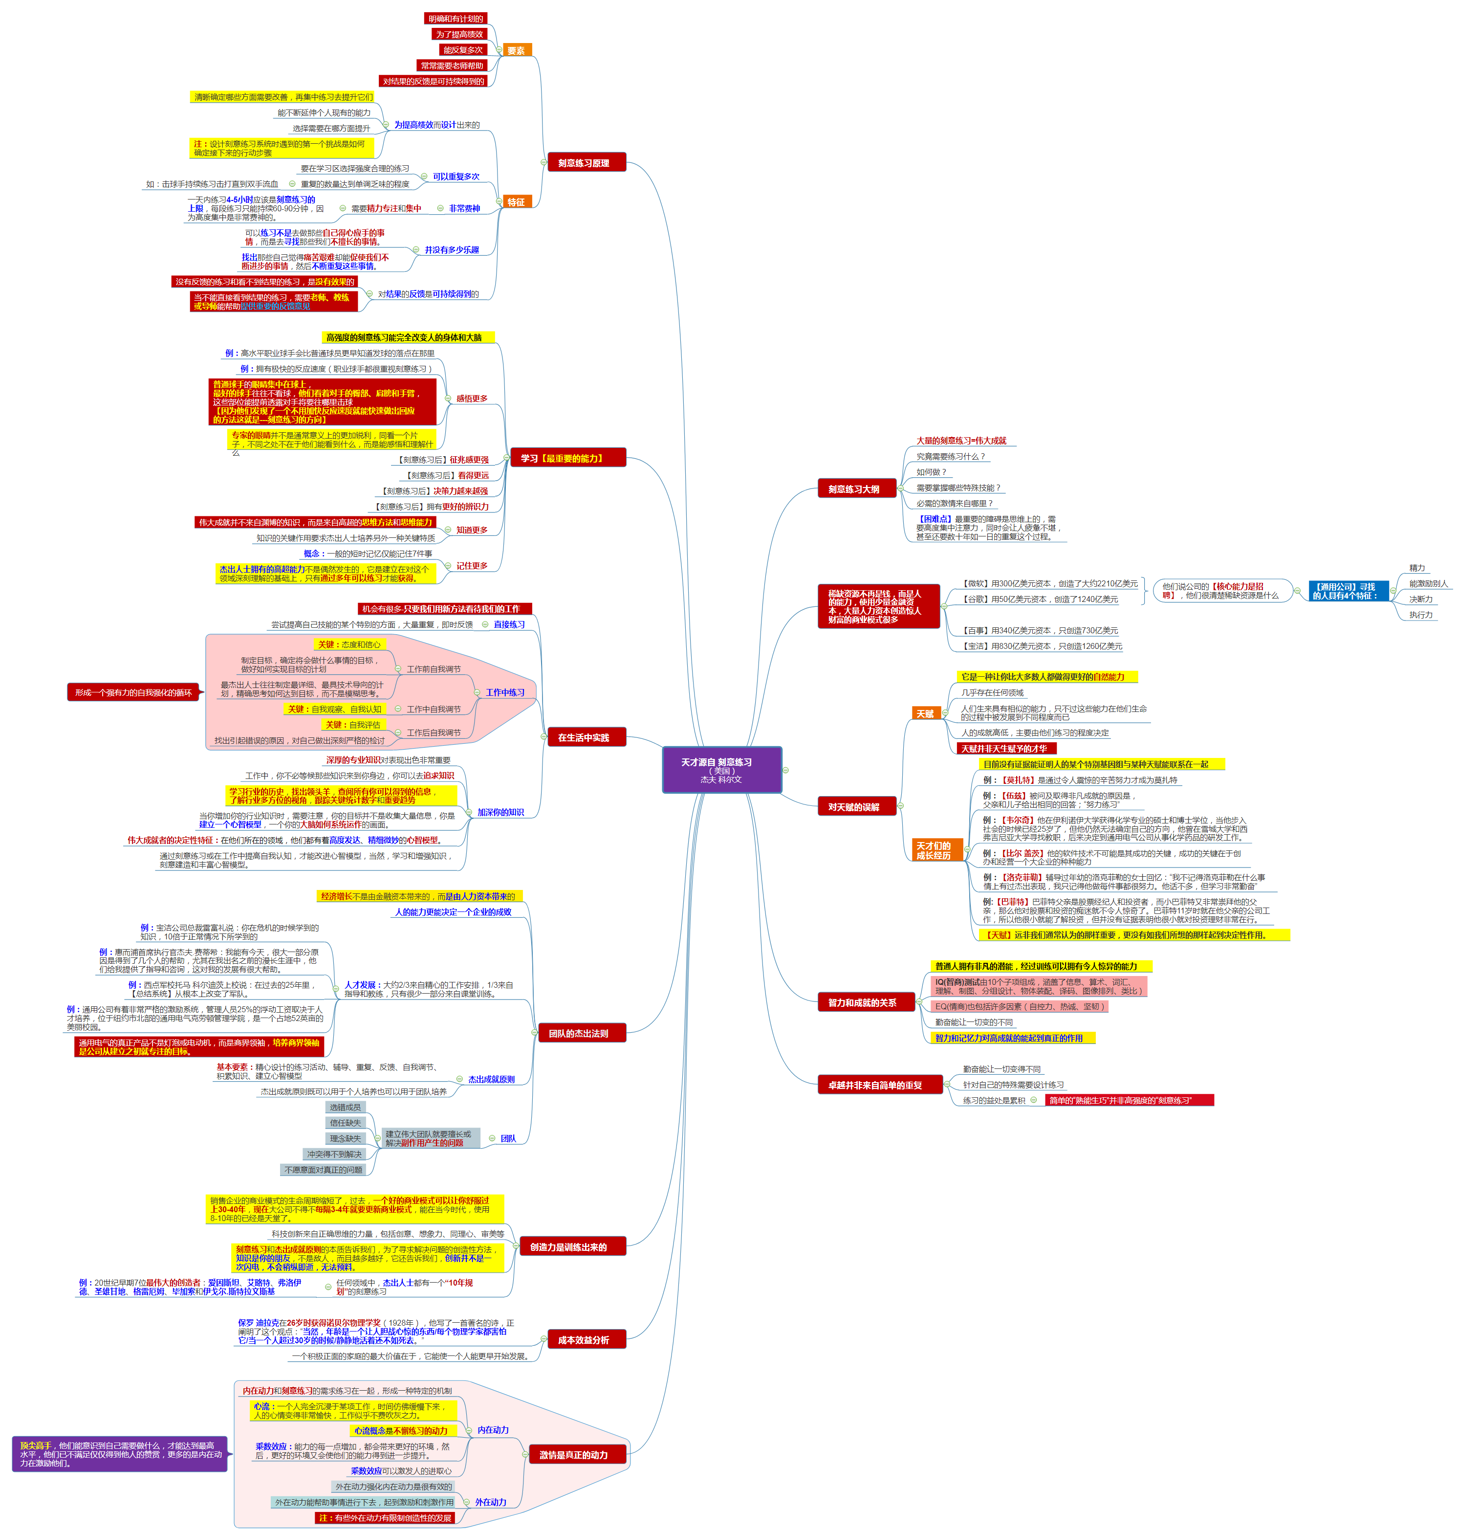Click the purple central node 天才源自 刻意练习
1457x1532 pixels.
pyautogui.click(x=721, y=770)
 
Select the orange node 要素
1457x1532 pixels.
pyautogui.click(x=517, y=50)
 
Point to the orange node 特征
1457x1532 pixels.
pyautogui.click(x=517, y=202)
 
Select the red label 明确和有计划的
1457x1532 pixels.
pyautogui.click(x=456, y=19)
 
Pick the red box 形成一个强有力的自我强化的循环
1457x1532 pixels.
pyautogui.click(x=133, y=692)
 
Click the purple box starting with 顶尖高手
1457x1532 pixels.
pyautogui.click(x=120, y=1454)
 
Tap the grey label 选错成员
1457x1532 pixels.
pyautogui.click(x=345, y=1107)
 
